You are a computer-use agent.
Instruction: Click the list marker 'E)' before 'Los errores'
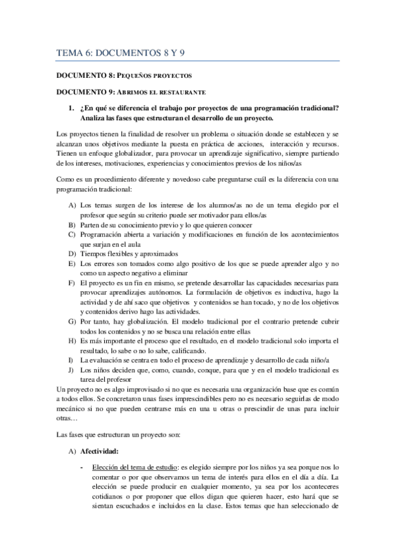tap(72, 263)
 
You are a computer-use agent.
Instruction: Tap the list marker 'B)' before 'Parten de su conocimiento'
tap(72, 225)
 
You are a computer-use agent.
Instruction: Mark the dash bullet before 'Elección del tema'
tap(80, 468)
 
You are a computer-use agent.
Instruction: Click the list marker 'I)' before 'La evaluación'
tap(72, 360)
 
